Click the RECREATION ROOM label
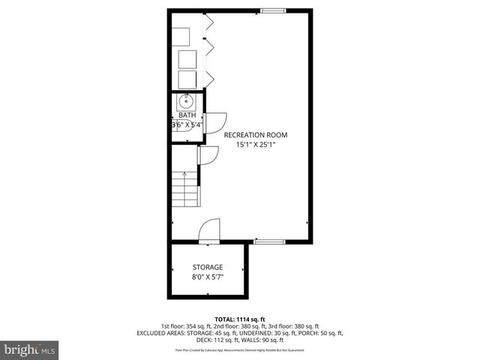[256, 135]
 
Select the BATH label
[187, 115]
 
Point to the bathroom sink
[186, 103]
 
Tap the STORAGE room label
[208, 267]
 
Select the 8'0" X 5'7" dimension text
[208, 277]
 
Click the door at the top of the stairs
[208, 155]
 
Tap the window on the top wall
[273, 10]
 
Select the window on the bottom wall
[268, 241]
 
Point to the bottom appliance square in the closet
[186, 80]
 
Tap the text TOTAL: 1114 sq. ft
[239, 318]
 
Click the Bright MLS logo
[29, 349]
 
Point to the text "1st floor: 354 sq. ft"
[187, 325]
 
